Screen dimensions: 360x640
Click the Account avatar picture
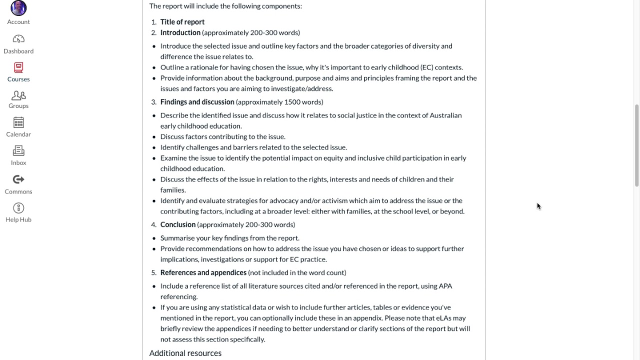coord(18,8)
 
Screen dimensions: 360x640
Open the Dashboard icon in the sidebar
coord(18,39)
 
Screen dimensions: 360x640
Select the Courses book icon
coord(18,67)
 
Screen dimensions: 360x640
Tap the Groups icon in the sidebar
coord(18,95)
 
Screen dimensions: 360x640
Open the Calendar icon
coord(18,122)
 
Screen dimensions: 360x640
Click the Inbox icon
coord(18,150)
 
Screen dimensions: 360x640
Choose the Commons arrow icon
coord(18,179)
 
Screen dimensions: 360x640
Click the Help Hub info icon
coord(18,208)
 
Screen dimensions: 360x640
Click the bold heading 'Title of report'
coord(182,22)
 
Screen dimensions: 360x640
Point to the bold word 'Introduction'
coord(180,32)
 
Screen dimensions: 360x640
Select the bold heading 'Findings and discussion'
coord(197,102)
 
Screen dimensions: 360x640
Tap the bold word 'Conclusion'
coord(177,224)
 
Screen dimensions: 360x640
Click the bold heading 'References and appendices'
coord(203,272)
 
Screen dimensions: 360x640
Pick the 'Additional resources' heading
coord(185,353)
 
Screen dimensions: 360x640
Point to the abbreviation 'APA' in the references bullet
coord(445,286)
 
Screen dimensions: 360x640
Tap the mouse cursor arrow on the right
coord(538,206)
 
